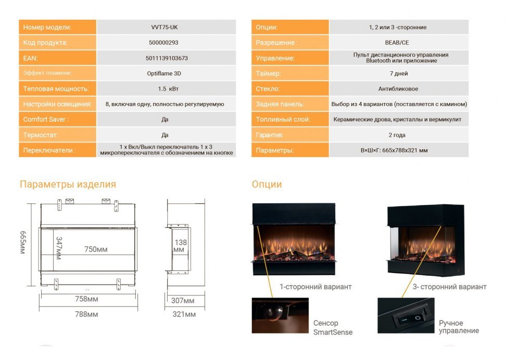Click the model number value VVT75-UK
click(165, 27)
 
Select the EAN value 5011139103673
click(165, 58)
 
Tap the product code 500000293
click(165, 43)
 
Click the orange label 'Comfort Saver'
click(46, 119)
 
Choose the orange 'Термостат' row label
click(41, 135)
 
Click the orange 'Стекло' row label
click(268, 89)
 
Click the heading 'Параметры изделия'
click(68, 185)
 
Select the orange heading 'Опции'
click(267, 185)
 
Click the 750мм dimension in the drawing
click(96, 250)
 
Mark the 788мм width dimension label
click(86, 314)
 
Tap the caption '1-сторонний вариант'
click(315, 287)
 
